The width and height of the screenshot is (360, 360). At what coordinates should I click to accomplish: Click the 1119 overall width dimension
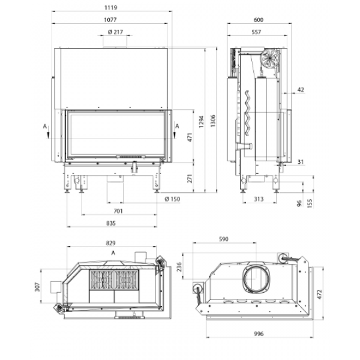110,8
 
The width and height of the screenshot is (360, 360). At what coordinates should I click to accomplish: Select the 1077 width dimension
110,20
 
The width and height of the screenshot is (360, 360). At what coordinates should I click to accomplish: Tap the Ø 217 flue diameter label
115,32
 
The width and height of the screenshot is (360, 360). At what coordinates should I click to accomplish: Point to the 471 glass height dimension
190,137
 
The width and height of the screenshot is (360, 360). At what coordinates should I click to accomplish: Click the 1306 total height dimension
213,121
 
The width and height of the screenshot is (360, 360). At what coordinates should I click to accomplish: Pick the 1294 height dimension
202,121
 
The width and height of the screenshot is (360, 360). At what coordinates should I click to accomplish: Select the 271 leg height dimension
190,178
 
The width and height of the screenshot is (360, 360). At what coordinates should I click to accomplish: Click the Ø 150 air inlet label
172,199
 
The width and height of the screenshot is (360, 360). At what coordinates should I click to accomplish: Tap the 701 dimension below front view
118,211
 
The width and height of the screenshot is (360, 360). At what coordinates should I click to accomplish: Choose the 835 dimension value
111,223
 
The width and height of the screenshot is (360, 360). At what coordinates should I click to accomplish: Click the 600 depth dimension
259,20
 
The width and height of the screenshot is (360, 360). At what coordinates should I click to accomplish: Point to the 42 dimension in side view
301,89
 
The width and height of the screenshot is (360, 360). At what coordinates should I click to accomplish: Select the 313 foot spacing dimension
259,199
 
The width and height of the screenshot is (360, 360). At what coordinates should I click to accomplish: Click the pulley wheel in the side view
270,59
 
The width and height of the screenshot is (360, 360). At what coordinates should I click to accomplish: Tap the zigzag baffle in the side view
247,113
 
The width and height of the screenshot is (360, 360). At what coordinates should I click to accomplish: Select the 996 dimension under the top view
259,334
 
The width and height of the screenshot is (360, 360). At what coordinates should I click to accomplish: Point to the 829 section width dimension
111,243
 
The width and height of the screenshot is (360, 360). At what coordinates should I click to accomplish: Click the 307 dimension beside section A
37,287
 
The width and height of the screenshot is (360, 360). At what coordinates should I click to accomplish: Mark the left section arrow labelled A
48,133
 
